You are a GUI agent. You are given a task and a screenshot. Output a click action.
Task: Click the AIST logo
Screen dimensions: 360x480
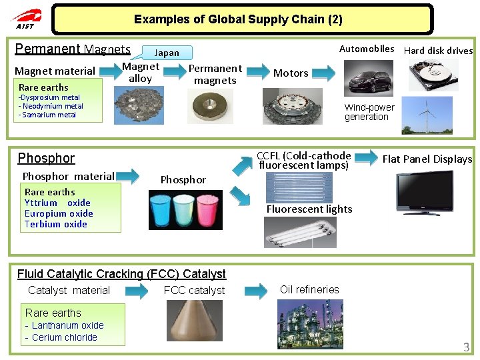[25, 18]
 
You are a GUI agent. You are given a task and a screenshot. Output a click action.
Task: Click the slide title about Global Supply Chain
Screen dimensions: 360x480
[238, 19]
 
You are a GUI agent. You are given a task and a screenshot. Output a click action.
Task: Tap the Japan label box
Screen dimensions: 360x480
[167, 53]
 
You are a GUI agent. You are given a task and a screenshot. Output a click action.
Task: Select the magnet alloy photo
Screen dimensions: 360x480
[139, 107]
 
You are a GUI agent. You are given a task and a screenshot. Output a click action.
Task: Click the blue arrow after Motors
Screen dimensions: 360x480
[325, 73]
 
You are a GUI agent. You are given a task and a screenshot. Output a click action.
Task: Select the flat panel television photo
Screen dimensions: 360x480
[425, 193]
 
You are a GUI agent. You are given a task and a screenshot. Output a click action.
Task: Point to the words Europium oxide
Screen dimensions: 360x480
[59, 213]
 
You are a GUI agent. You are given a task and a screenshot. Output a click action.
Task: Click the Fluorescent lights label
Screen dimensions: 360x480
[309, 209]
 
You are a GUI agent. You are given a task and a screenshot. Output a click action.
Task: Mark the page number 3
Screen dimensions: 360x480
[467, 347]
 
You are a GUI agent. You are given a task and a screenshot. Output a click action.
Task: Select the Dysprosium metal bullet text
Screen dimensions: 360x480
[49, 97]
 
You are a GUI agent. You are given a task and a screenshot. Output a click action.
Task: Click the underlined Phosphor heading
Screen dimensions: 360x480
[46, 158]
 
